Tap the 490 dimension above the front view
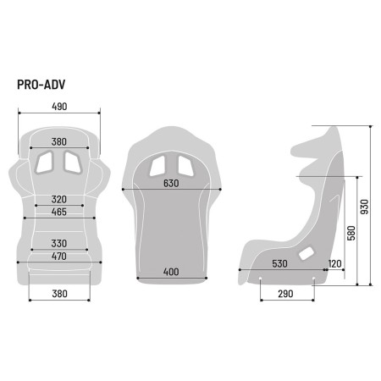tap(58, 107)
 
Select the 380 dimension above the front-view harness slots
tap(58, 141)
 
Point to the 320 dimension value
tap(58, 200)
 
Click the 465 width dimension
tap(58, 212)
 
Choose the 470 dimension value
tap(58, 257)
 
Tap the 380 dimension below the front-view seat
tap(58, 295)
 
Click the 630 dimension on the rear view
tap(173, 184)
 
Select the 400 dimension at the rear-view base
tap(173, 273)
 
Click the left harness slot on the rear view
tap(160, 166)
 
